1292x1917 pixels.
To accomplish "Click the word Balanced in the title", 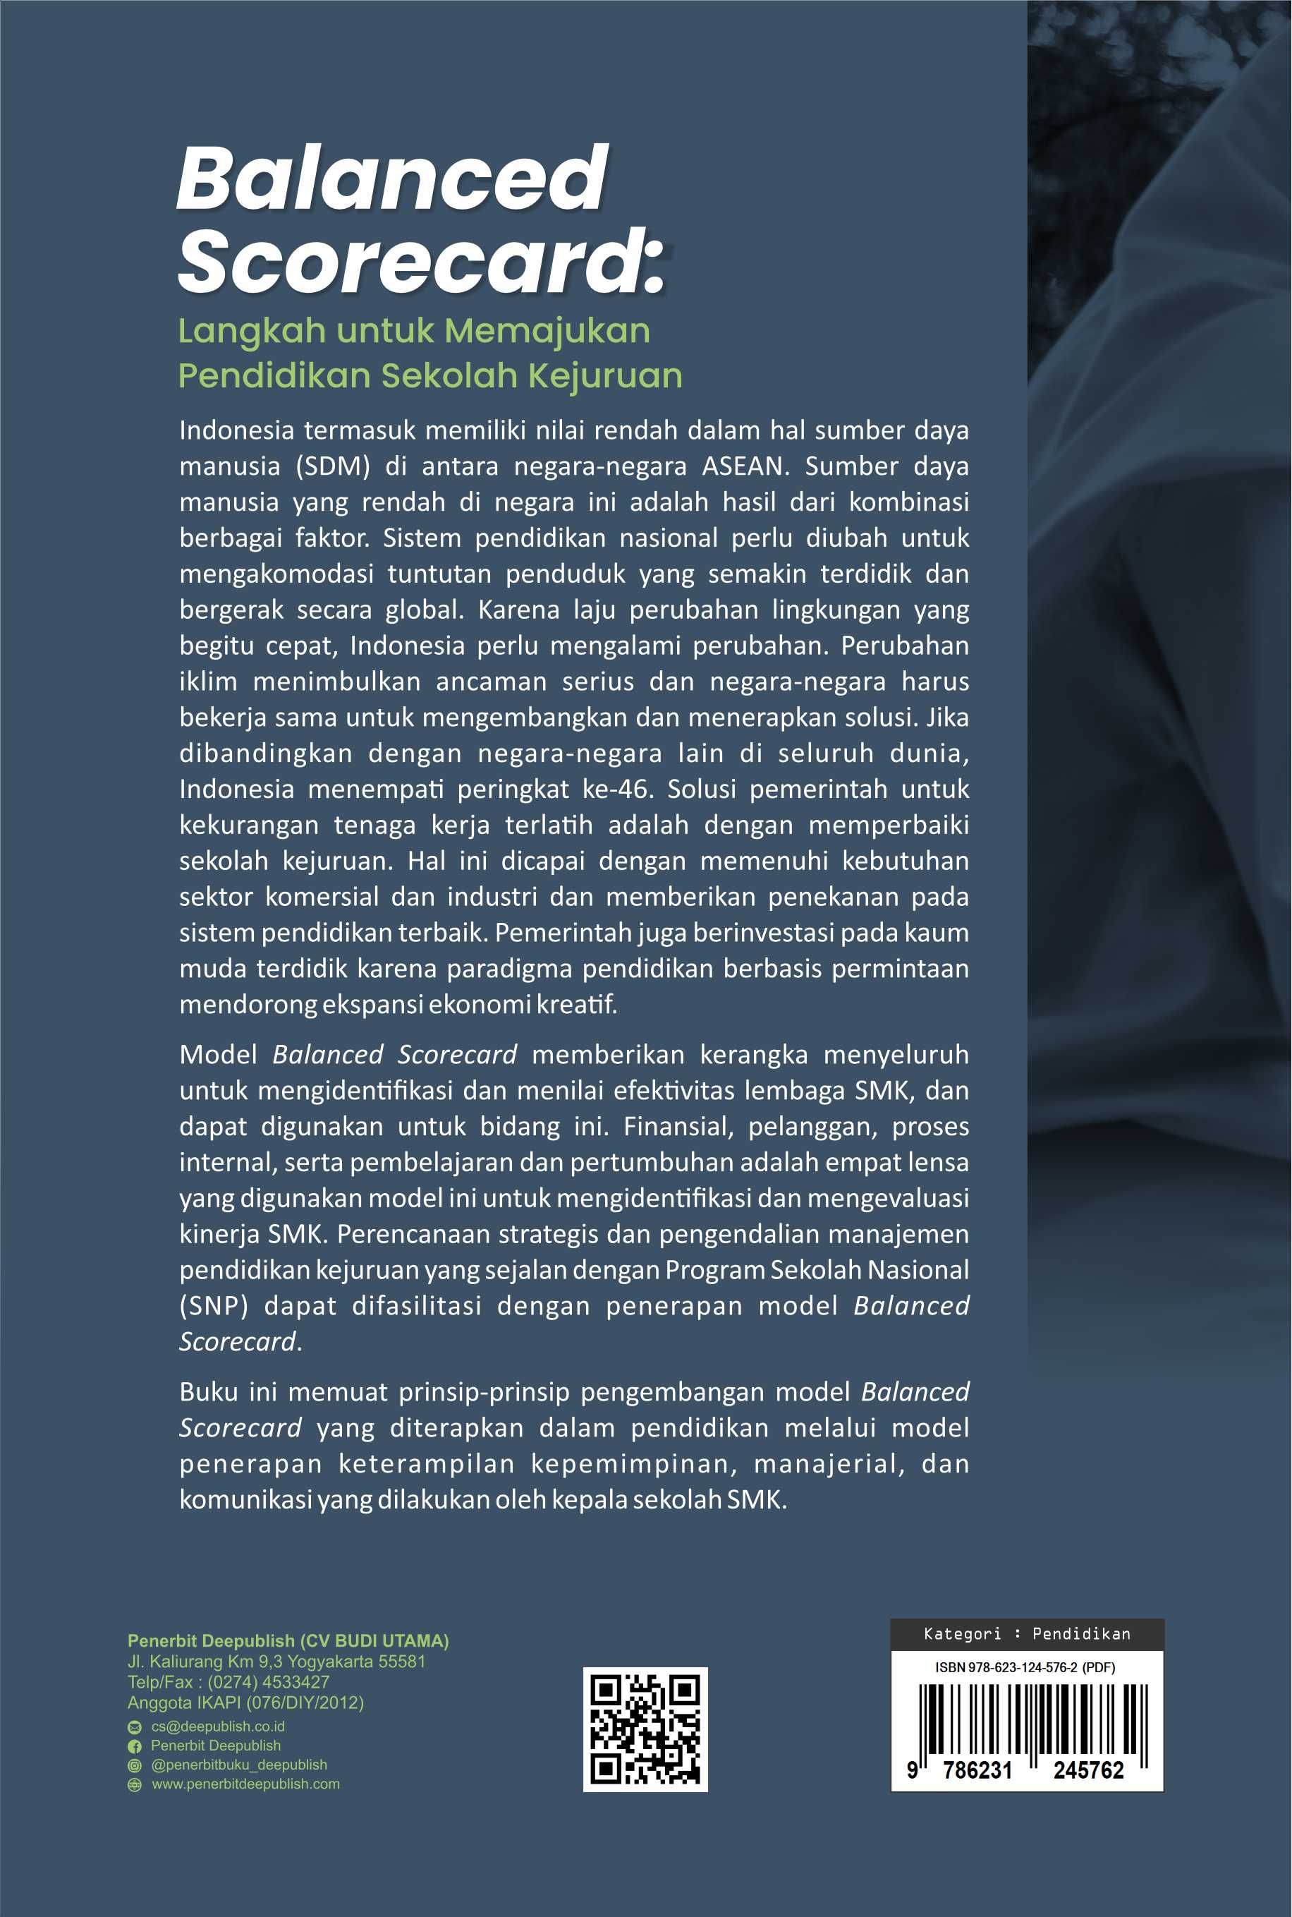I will click(x=392, y=177).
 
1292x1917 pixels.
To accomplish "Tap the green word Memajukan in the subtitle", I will click(x=548, y=332).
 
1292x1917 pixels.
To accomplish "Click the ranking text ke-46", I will click(x=616, y=790).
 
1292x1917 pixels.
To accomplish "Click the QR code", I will click(x=645, y=1729).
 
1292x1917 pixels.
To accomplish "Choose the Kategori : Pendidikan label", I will click(x=1027, y=1633).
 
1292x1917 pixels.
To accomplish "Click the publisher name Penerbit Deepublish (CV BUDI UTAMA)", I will click(x=288, y=1641).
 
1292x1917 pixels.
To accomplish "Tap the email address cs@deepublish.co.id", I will click(x=217, y=1726).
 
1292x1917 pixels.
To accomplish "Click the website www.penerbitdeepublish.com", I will click(x=245, y=1784).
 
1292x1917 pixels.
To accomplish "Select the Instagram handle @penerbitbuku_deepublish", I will click(x=239, y=1765).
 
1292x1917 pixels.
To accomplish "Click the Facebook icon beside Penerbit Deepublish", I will click(x=134, y=1746).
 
